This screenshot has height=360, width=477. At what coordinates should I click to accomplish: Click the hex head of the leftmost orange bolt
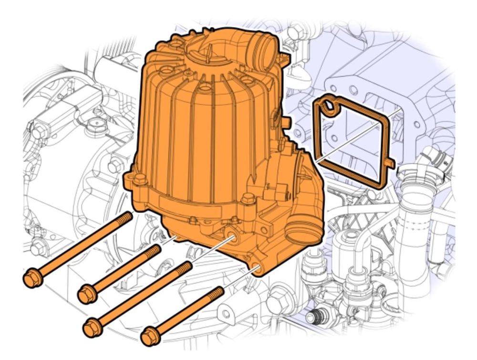(x=32, y=278)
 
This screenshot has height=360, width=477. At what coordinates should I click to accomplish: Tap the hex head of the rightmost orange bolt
(x=151, y=336)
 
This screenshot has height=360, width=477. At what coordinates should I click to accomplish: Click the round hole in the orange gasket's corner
(x=328, y=108)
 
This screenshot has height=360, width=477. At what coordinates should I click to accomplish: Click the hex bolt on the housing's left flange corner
(x=139, y=180)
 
